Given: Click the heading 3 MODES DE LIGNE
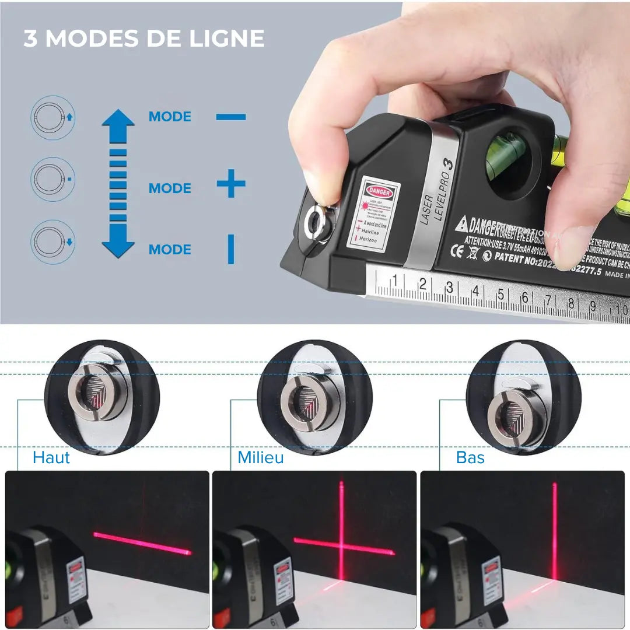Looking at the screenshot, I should click(144, 38).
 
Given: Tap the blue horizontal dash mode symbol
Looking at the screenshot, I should click(231, 117).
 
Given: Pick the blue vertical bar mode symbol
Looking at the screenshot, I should click(231, 249).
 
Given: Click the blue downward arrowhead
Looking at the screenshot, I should click(118, 247).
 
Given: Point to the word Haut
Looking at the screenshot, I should click(51, 458).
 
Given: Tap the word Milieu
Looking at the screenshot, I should click(261, 458).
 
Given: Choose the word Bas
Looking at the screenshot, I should click(470, 458).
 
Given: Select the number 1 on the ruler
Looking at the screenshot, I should click(395, 281).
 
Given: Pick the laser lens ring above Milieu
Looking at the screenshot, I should click(303, 402).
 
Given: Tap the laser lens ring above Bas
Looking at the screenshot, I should click(509, 411).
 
